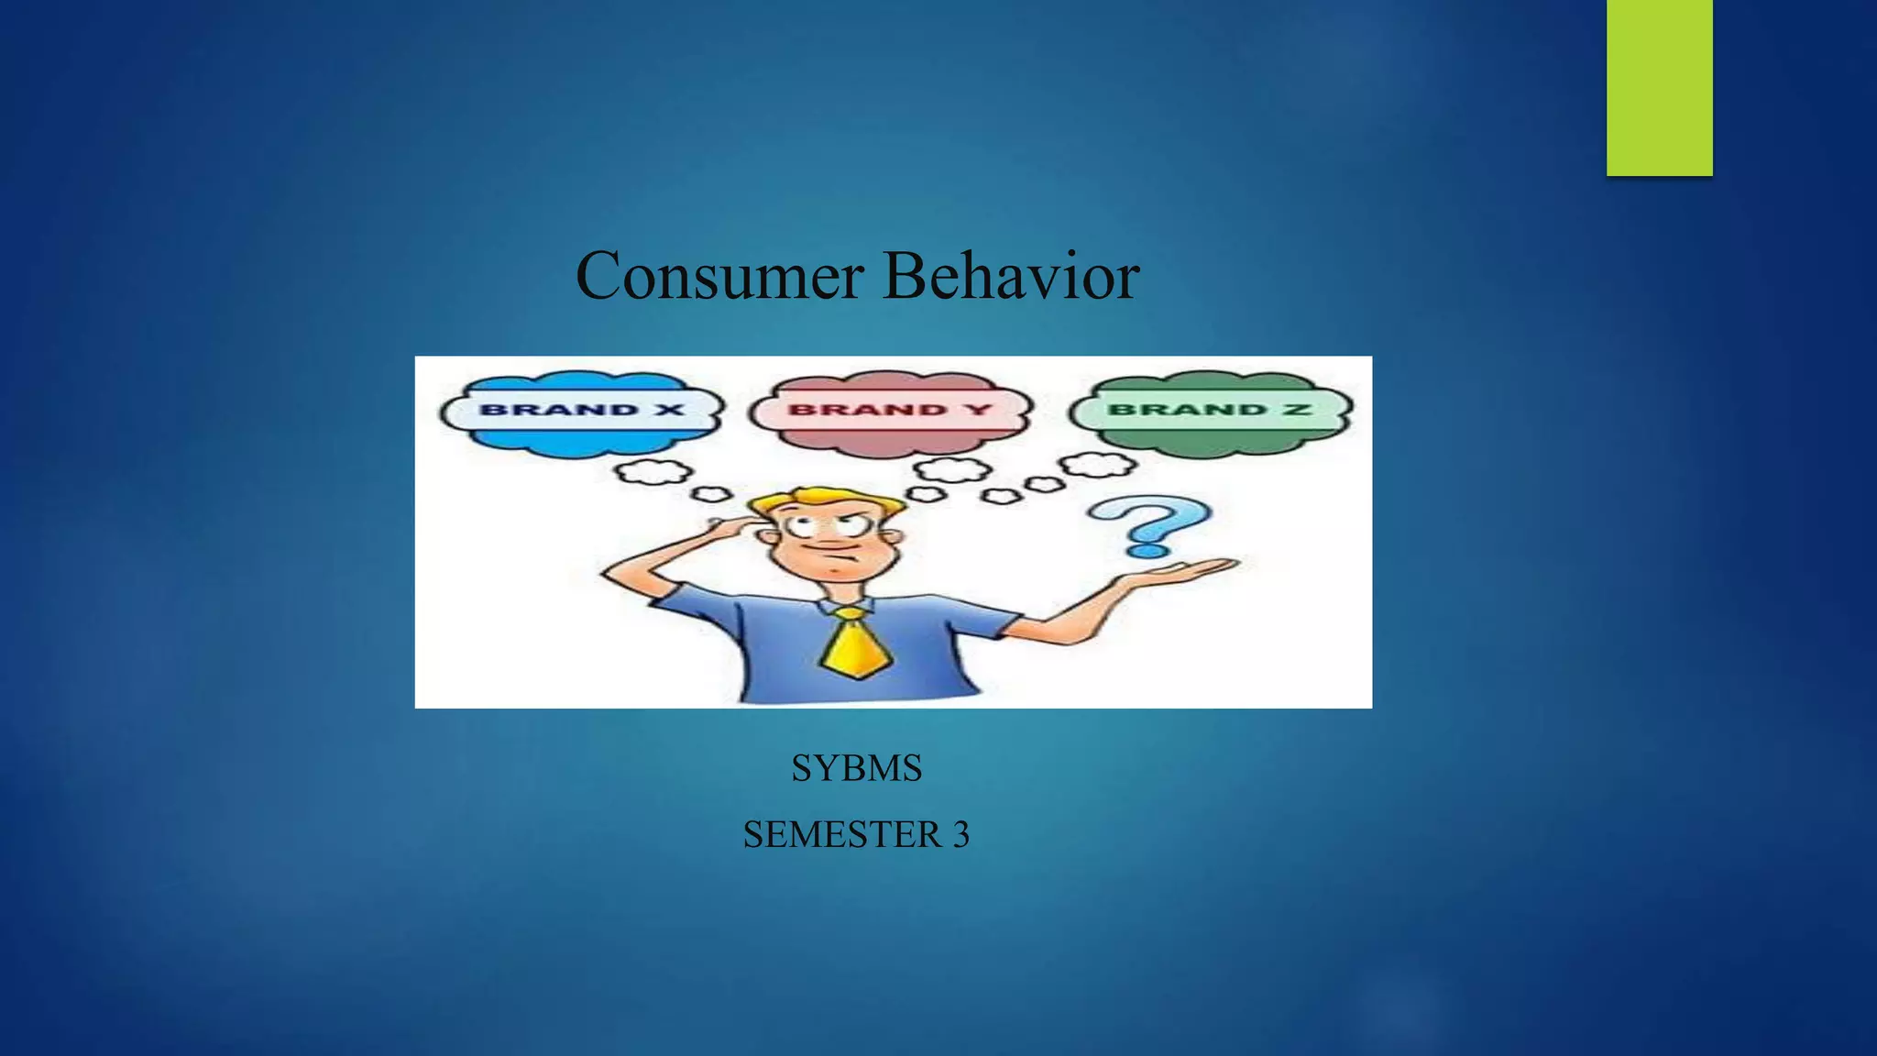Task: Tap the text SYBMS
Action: pyautogui.click(x=856, y=768)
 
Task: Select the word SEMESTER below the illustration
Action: pyautogui.click(x=841, y=835)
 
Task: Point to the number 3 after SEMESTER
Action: pyautogui.click(x=960, y=835)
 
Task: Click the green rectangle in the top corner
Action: pyautogui.click(x=1659, y=87)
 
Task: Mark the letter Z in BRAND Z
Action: pyautogui.click(x=1296, y=410)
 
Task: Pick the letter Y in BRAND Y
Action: pyautogui.click(x=980, y=410)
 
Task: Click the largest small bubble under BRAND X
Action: pyautogui.click(x=653, y=472)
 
